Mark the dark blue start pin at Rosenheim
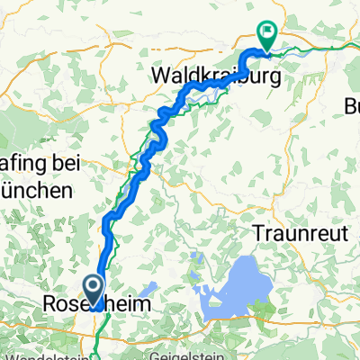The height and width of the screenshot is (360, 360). (x=94, y=290)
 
